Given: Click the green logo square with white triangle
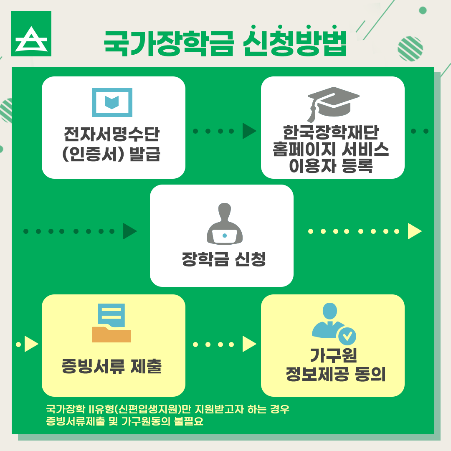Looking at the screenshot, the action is pos(31,34).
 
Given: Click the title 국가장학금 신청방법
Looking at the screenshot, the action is pos(225,43).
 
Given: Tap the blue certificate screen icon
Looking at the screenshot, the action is pos(112,102).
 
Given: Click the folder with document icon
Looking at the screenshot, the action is pos(111,323).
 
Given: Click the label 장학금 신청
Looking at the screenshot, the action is pos(223,260).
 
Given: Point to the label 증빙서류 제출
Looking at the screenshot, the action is pos(111,367).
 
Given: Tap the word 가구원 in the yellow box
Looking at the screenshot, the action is pos(333,356).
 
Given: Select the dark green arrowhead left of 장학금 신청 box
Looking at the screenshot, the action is pos(129,231).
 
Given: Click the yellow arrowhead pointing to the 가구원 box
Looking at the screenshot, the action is pos(249,345).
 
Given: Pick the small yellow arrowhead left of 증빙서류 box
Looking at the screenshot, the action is pos(31,345).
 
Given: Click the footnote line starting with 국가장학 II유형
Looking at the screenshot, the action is pos(168,409).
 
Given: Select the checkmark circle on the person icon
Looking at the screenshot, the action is pos(347,335).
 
